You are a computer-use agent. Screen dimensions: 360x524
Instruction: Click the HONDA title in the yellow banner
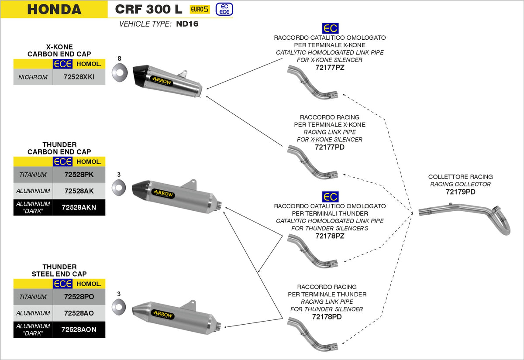coord(54,9)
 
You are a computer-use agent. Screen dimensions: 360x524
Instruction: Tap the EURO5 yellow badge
coord(200,9)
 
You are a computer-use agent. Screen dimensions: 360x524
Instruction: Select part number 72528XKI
coord(79,79)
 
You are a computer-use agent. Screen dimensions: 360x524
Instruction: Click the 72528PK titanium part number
coord(79,175)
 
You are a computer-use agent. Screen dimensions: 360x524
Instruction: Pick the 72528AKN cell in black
coord(79,208)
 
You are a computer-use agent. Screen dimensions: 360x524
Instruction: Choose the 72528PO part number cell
coord(79,297)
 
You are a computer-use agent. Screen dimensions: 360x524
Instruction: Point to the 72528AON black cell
coord(79,330)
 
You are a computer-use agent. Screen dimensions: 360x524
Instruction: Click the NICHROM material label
coord(33,79)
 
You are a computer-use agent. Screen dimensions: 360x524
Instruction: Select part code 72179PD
coord(460,192)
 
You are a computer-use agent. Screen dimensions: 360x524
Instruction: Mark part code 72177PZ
coord(330,67)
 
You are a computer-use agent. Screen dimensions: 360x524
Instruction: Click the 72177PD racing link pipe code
coord(330,147)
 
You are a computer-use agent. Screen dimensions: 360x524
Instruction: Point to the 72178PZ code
coord(330,236)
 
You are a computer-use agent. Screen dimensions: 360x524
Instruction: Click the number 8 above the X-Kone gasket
coord(119,58)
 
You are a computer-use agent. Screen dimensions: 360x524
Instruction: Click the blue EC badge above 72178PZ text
coord(330,196)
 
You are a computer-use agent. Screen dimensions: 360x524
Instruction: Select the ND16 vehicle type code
coord(187,24)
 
